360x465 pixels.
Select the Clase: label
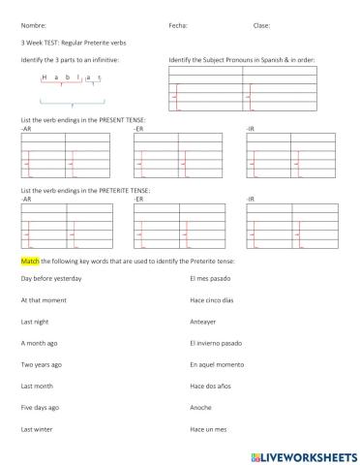point(261,26)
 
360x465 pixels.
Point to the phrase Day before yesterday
point(51,278)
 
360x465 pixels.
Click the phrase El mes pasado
point(211,278)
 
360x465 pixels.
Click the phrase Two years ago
point(42,364)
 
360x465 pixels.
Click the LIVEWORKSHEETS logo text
point(300,452)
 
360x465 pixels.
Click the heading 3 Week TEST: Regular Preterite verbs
point(74,43)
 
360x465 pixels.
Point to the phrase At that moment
point(45,299)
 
